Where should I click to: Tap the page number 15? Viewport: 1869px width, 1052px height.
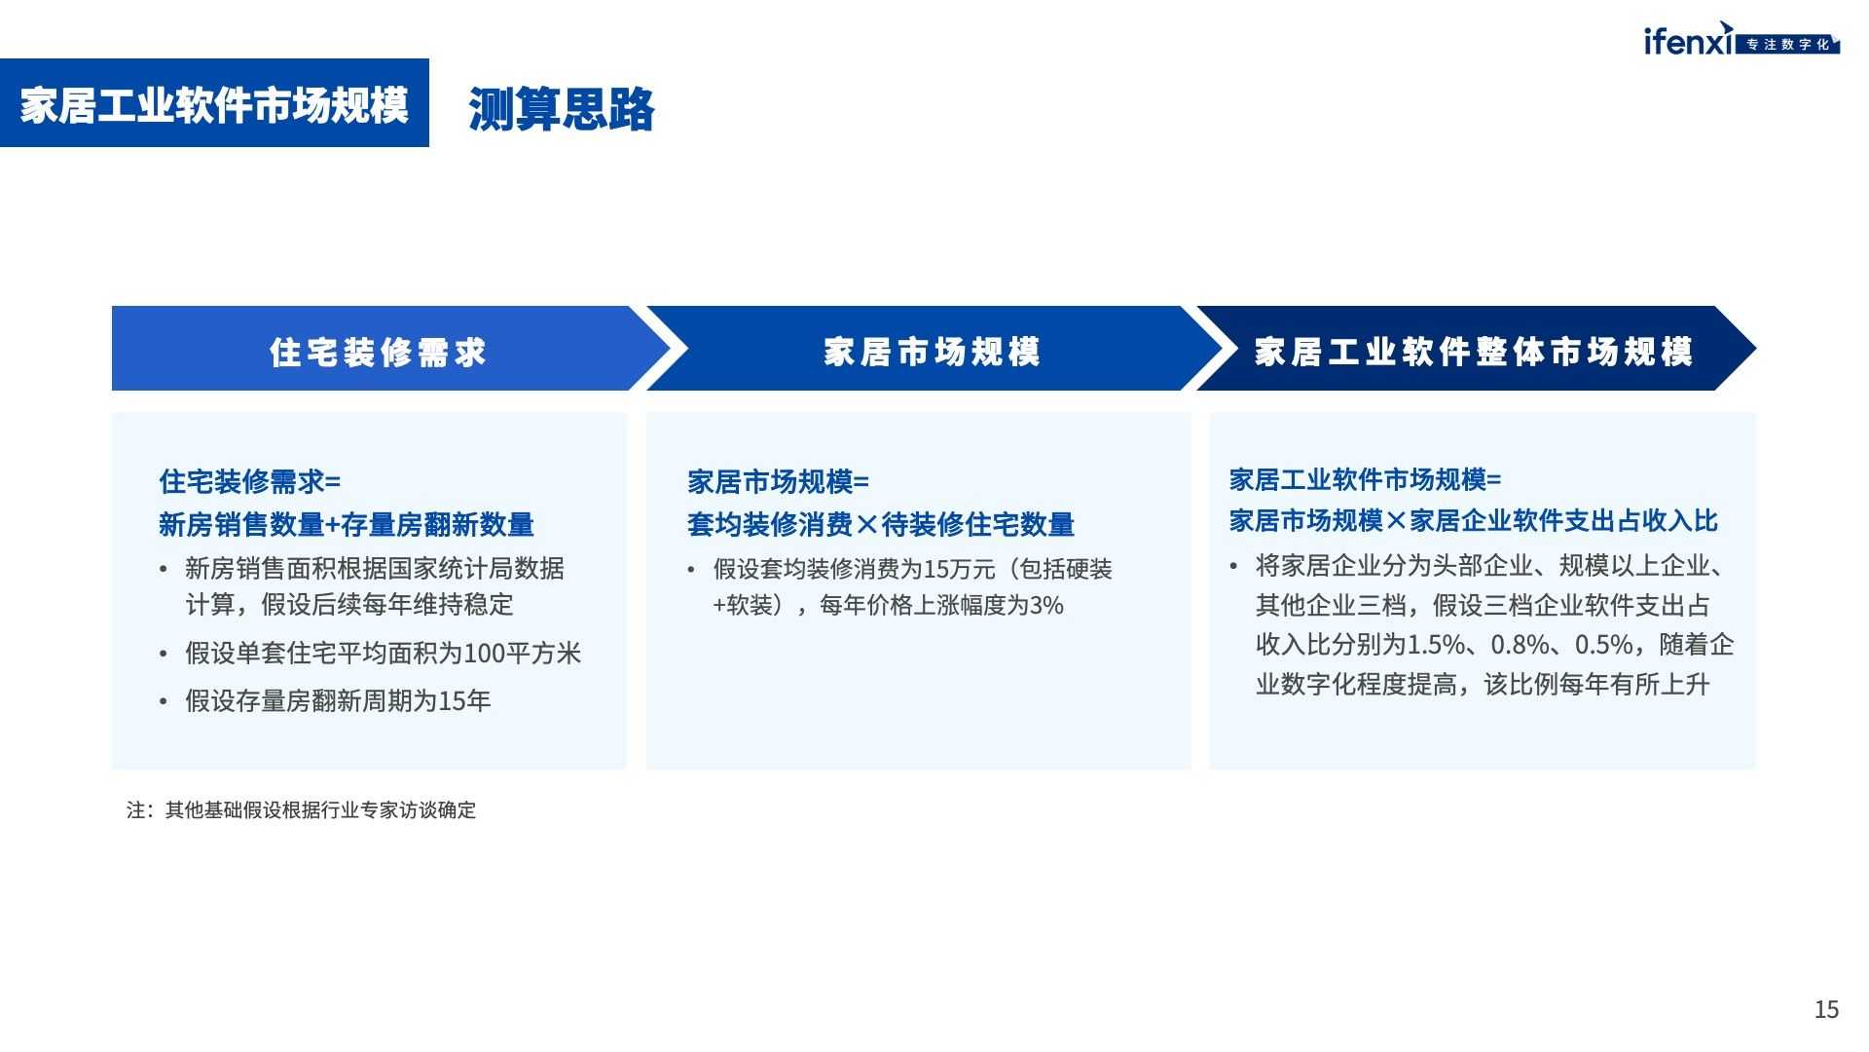1826,1009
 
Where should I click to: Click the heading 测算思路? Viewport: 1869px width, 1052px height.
562,108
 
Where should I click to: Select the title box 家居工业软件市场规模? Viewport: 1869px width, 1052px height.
214,103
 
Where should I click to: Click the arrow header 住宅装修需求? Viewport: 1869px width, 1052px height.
378,352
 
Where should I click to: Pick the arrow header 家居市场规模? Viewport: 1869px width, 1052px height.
933,352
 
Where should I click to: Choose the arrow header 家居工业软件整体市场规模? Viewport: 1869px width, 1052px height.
1474,352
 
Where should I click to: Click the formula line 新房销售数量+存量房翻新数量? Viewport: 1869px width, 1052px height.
347,525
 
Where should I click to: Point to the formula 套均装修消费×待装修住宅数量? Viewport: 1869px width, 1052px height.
881,525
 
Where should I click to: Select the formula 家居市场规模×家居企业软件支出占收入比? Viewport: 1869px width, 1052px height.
1474,521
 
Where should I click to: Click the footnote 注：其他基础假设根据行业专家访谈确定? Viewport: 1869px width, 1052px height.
301,810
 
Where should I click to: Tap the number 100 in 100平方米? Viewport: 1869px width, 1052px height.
483,654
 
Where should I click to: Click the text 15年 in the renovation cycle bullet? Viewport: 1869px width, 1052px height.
465,701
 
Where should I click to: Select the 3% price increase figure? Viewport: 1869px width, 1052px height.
1046,606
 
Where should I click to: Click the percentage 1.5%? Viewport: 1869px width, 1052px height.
1437,645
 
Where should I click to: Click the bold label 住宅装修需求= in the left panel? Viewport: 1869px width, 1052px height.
250,481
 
